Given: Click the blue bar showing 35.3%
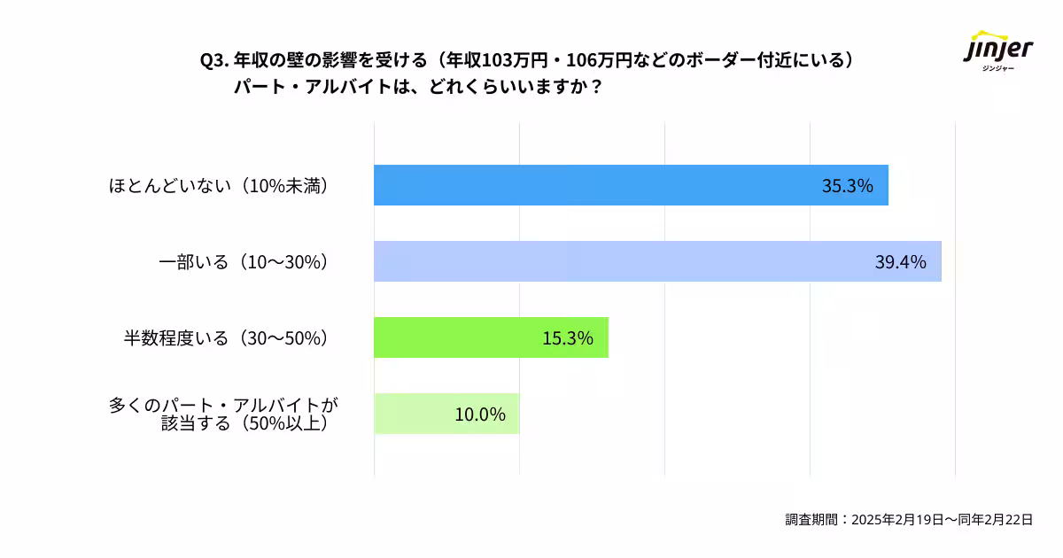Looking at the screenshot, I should (631, 185).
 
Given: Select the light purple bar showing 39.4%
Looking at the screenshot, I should (657, 261).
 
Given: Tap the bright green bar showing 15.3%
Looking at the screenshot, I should (491, 337).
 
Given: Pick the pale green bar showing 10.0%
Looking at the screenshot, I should (446, 414).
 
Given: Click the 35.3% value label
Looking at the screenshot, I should (848, 186).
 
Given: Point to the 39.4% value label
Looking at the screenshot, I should (900, 262).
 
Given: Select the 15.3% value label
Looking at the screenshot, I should (568, 338).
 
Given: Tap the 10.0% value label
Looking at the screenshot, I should (480, 415).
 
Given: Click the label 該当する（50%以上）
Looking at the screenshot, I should (250, 423).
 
